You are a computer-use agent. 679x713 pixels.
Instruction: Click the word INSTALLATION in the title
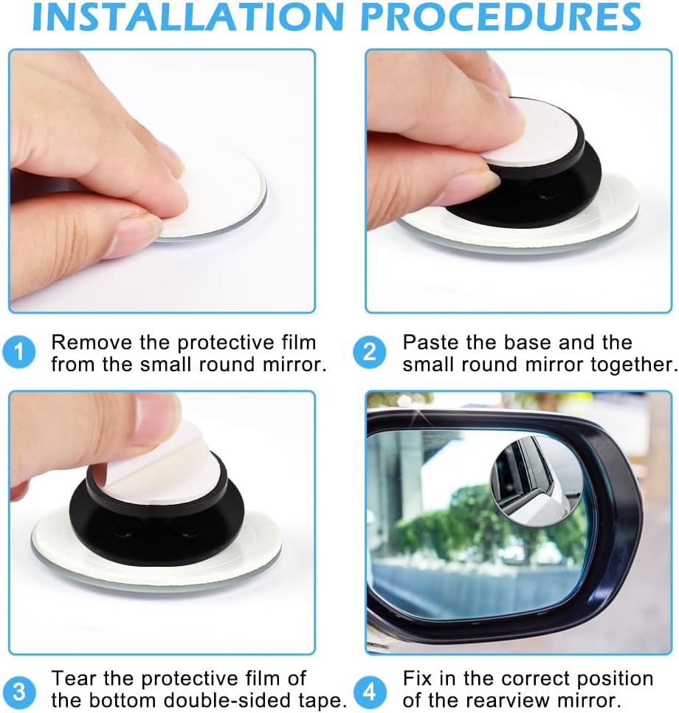(187, 16)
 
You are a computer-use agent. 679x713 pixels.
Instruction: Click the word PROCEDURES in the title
(501, 16)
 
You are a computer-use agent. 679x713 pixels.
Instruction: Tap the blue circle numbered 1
(18, 352)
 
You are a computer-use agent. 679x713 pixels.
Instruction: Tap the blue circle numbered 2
(370, 352)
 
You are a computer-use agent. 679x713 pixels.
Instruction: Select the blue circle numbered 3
(18, 692)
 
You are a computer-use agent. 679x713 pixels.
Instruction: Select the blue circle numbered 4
(370, 692)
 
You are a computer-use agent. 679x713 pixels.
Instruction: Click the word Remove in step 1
(92, 342)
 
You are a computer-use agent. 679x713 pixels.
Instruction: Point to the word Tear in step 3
(74, 679)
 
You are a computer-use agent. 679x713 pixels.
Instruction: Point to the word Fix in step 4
(418, 679)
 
